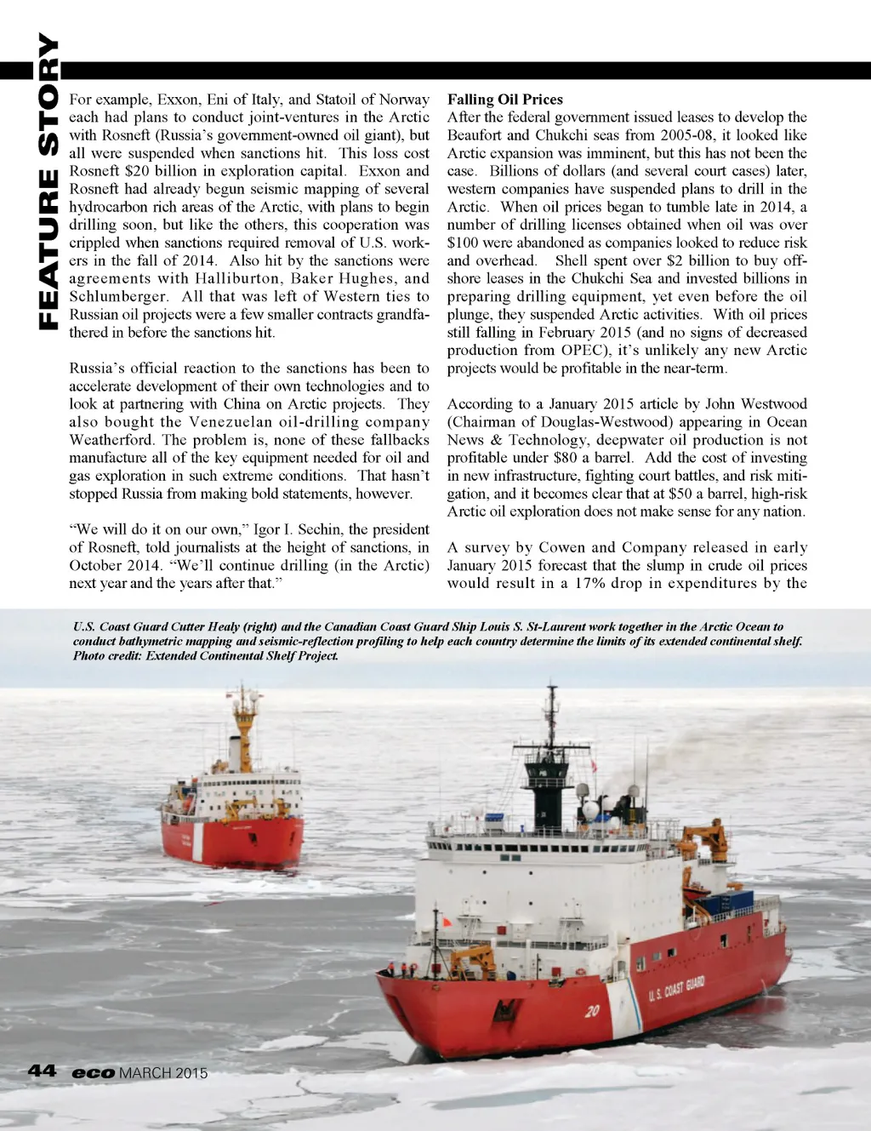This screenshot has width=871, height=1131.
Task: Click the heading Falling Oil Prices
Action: [x=505, y=100]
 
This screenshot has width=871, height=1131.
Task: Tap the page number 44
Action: [x=42, y=1071]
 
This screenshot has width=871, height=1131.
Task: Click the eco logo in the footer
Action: [x=93, y=1073]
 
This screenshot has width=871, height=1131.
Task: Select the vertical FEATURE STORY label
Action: [x=48, y=183]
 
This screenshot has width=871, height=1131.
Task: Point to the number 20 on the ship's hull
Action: [x=592, y=1011]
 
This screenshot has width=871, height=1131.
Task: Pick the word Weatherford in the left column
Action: [x=111, y=440]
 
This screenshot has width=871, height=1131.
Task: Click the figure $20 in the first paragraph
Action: [x=137, y=171]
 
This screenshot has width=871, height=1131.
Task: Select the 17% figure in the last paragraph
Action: [x=589, y=583]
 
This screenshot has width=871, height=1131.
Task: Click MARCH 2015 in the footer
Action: [x=163, y=1073]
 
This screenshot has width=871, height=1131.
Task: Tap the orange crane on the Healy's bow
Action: [x=473, y=961]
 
